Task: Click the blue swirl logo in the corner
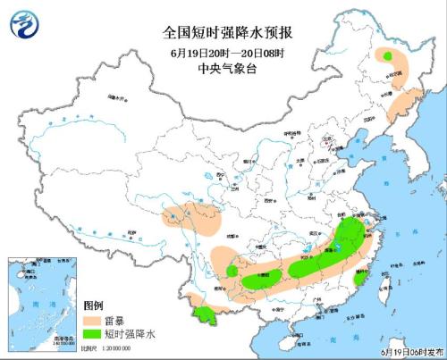pyautogui.click(x=23, y=24)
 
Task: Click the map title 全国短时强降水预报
pyautogui.click(x=223, y=33)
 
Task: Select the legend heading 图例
pyautogui.click(x=95, y=306)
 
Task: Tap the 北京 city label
pyautogui.click(x=331, y=138)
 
